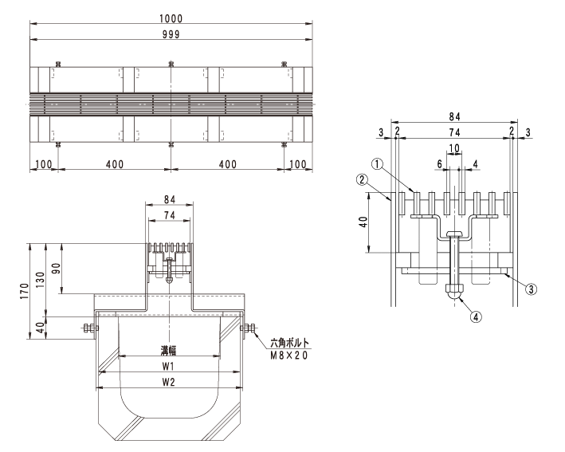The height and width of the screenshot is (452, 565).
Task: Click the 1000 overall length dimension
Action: [x=171, y=18]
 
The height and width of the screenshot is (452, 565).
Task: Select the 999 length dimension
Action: [x=171, y=34]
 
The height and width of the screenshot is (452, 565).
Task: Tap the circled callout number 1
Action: [x=377, y=164]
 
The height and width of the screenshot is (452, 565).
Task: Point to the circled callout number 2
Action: [x=362, y=179]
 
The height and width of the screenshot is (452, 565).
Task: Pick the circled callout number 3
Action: [x=531, y=289]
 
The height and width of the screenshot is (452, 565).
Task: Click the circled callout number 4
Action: [x=476, y=316]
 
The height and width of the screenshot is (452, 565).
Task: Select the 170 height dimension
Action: [x=24, y=291]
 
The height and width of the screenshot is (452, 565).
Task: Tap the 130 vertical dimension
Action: [x=41, y=280]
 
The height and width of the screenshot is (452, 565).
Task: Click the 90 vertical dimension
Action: [x=57, y=269]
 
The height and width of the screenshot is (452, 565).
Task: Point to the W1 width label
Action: [x=168, y=366]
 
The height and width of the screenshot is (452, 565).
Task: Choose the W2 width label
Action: [x=168, y=382]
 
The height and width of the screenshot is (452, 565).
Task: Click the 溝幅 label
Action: [x=169, y=350]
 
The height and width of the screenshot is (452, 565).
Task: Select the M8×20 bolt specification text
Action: [x=289, y=356]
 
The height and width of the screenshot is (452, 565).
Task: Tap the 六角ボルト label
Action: [x=290, y=343]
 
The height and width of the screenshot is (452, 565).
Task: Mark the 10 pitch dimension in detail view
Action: [x=454, y=148]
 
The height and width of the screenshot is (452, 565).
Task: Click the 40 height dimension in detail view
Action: [x=364, y=222]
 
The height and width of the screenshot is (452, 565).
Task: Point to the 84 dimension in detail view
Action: [x=454, y=116]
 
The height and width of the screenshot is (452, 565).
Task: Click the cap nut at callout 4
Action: [x=455, y=291]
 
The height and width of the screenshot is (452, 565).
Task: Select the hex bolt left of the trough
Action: [x=90, y=328]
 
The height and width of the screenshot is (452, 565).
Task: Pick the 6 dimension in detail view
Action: [x=439, y=164]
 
